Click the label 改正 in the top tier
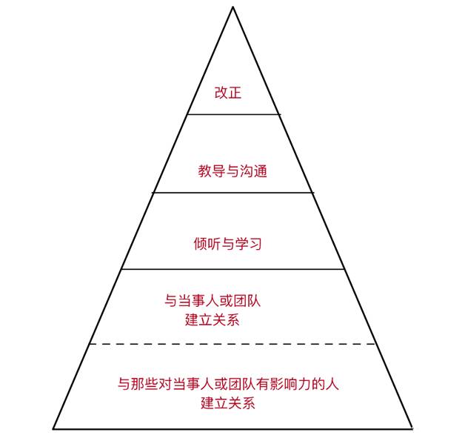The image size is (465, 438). pyautogui.click(x=228, y=93)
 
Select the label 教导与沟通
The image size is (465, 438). pyautogui.click(x=232, y=171)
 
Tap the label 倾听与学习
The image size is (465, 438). pyautogui.click(x=228, y=244)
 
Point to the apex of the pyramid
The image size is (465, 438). pyautogui.click(x=232, y=7)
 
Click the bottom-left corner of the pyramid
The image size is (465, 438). pyautogui.click(x=53, y=428)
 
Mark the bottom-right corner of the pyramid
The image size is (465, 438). pyautogui.click(x=412, y=428)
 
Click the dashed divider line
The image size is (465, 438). pyautogui.click(x=232, y=344)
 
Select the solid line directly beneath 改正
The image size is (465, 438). pyautogui.click(x=233, y=114)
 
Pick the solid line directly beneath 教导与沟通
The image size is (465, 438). pyautogui.click(x=232, y=193)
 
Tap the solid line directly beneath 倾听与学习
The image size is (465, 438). pyautogui.click(x=232, y=270)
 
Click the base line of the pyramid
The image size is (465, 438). pyautogui.click(x=232, y=428)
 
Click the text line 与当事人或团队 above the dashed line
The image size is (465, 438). pyautogui.click(x=213, y=302)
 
